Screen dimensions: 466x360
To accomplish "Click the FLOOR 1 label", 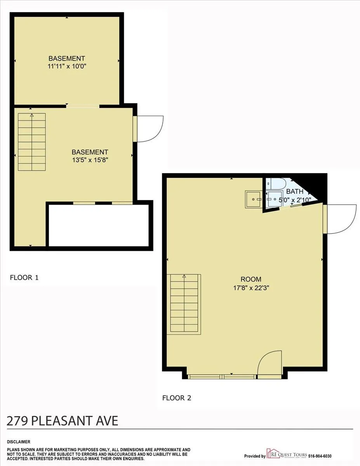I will (24, 278).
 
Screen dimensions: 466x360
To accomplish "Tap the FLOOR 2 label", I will (177, 398).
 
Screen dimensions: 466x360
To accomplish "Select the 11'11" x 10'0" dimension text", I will (67, 66).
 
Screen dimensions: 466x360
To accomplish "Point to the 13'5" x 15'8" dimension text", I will (90, 159).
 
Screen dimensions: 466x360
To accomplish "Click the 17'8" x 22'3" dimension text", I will (251, 288).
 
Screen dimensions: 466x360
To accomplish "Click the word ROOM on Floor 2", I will (251, 279).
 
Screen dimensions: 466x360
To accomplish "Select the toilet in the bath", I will (277, 183).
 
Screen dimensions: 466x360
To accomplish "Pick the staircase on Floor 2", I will (184, 304).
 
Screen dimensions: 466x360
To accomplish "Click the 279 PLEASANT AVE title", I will (63, 421).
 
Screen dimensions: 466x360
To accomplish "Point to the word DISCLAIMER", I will (19, 442).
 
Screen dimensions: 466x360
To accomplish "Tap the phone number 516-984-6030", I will (320, 456).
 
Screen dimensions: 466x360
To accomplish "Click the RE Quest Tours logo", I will (287, 455).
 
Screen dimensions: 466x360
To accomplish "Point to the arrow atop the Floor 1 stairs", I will (32, 115).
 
